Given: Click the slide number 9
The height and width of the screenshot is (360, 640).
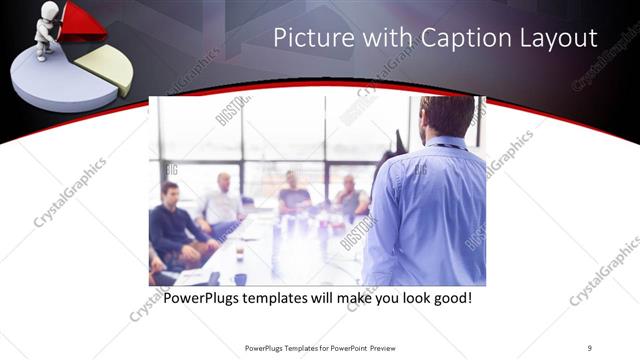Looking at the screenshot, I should pos(590,348).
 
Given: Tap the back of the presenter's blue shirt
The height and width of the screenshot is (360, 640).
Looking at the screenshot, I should pos(428,210).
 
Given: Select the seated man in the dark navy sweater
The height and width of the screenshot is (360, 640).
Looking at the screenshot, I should pos(174,225).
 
